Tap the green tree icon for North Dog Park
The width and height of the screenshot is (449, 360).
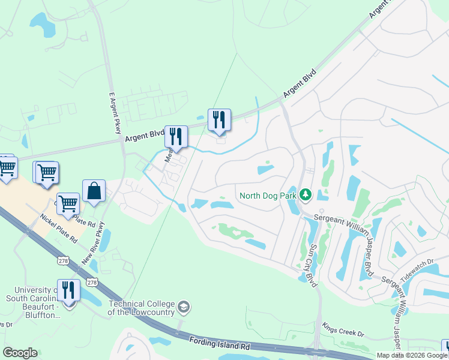click(306, 194)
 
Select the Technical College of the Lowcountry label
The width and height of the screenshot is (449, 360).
click(140, 308)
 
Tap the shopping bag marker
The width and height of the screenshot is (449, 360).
click(94, 191)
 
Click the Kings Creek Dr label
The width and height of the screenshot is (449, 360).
click(343, 332)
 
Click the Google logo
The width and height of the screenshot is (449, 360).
click(20, 353)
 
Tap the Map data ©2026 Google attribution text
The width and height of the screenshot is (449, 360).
click(412, 355)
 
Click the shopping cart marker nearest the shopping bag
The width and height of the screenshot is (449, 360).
click(68, 204)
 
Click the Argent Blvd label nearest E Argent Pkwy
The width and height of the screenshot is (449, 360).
click(145, 136)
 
